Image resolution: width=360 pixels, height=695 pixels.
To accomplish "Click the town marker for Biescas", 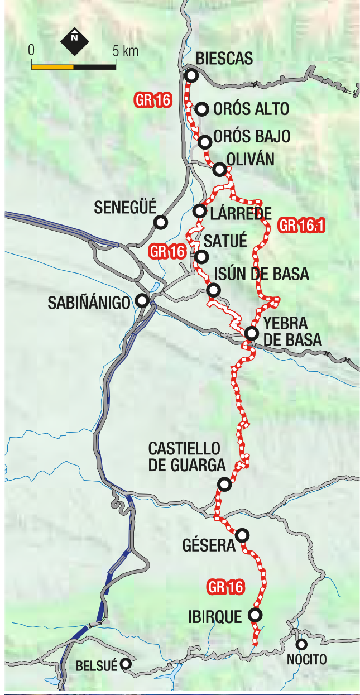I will pyautogui.click(x=191, y=76).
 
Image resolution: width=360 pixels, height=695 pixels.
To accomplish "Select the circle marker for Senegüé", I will pyautogui.click(x=161, y=222).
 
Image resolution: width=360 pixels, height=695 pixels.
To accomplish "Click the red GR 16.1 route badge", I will pyautogui.click(x=301, y=226).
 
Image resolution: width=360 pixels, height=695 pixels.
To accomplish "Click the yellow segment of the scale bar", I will pyautogui.click(x=52, y=66).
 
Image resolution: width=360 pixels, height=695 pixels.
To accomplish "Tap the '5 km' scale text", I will pyautogui.click(x=125, y=51).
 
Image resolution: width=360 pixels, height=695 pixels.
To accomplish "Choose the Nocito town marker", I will pyautogui.click(x=302, y=644).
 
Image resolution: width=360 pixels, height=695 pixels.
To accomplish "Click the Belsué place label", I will pyautogui.click(x=97, y=665).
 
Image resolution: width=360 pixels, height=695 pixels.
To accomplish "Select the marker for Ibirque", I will pyautogui.click(x=255, y=615).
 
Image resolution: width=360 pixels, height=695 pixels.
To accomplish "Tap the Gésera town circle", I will pyautogui.click(x=242, y=535).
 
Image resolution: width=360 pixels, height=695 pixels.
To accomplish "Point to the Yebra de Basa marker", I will pyautogui.click(x=252, y=333).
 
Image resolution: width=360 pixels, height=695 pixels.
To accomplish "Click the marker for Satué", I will pyautogui.click(x=201, y=257).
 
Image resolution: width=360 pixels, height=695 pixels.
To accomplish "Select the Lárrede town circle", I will pyautogui.click(x=199, y=211).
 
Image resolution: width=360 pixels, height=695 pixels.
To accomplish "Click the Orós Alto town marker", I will pyautogui.click(x=202, y=109).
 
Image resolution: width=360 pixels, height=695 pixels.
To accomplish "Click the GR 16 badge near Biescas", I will pyautogui.click(x=152, y=100).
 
